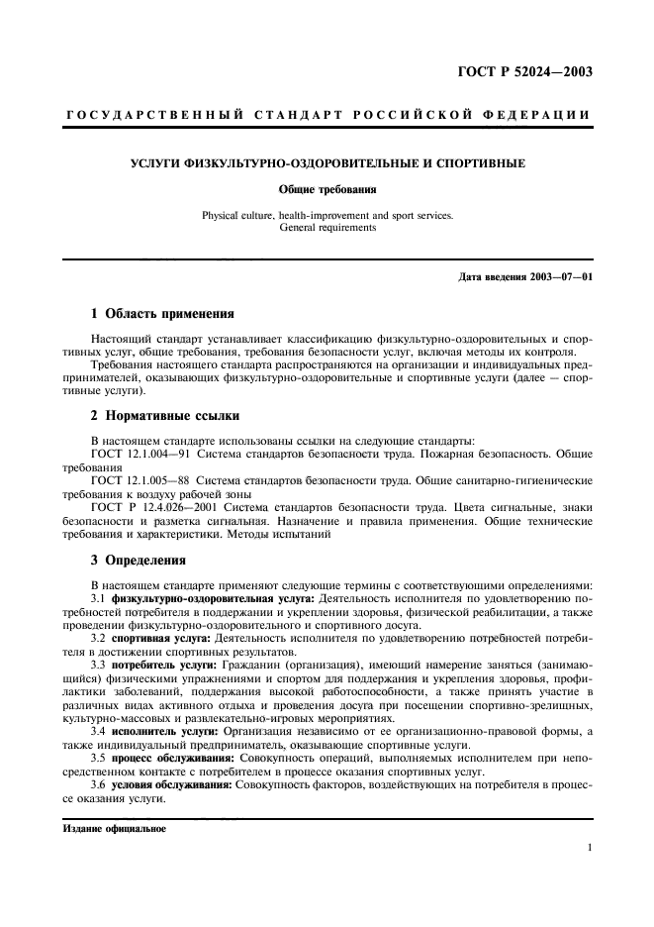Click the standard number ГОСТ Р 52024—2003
click(x=530, y=70)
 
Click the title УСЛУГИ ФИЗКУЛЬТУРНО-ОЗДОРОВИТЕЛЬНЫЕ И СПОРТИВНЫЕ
click(x=327, y=162)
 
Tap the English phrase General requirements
click(x=327, y=227)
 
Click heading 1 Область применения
click(x=162, y=314)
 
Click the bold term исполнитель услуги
click(x=161, y=731)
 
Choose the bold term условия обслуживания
click(x=166, y=784)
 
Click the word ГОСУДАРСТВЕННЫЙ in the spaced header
click(x=154, y=116)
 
